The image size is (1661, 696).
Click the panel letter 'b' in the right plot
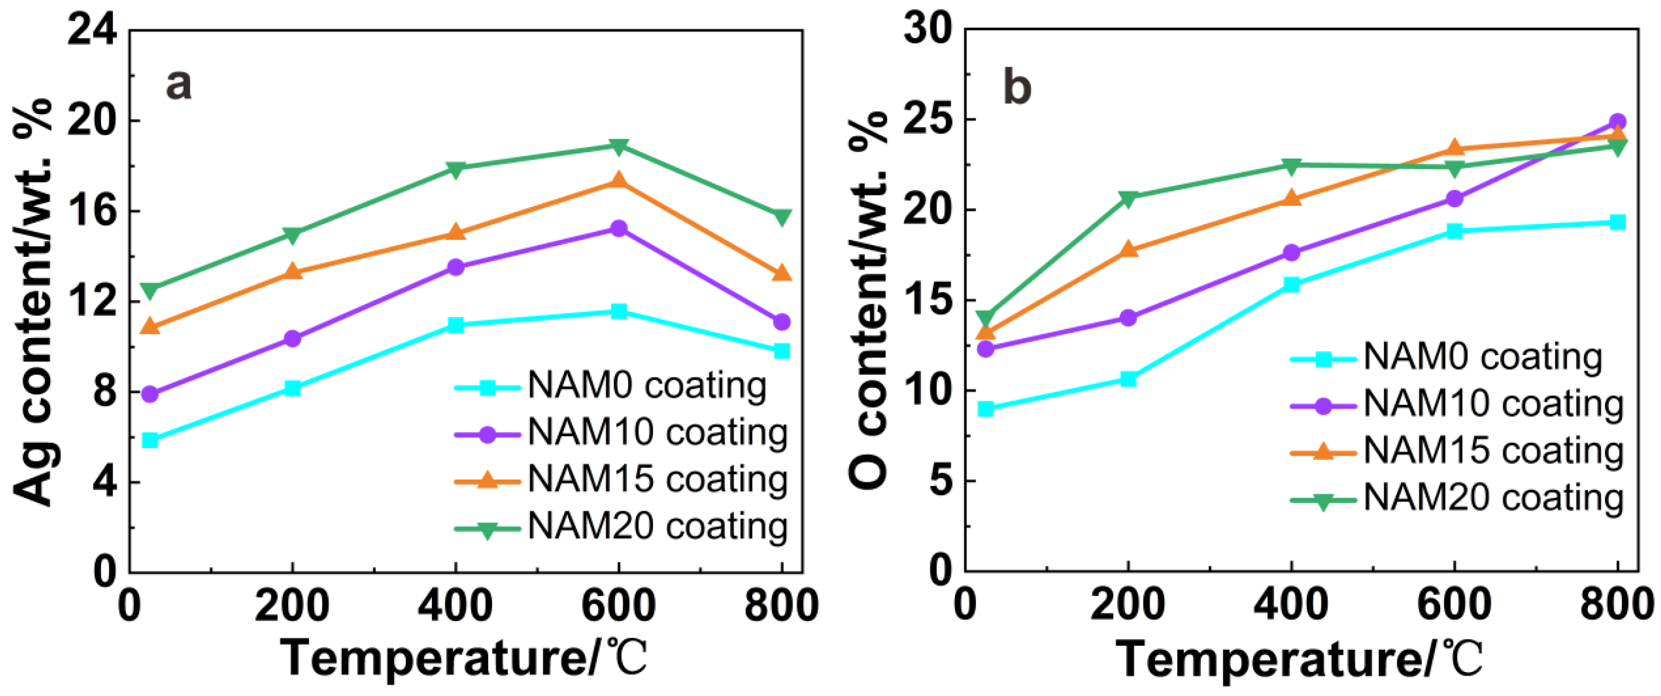click(x=1017, y=88)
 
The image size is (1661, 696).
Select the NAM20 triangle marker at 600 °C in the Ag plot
click(x=618, y=146)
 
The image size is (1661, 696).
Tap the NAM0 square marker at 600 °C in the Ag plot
click(x=618, y=312)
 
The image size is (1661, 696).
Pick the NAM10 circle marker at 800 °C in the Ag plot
click(x=781, y=321)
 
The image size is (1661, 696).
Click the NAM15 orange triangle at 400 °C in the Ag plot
click(x=455, y=232)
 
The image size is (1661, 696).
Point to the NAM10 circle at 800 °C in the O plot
click(x=1617, y=122)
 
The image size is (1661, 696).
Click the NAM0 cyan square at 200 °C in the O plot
click(x=1128, y=379)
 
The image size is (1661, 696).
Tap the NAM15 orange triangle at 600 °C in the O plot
click(x=1454, y=149)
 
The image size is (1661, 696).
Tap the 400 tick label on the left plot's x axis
click(x=455, y=607)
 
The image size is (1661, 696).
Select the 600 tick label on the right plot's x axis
click(x=1454, y=607)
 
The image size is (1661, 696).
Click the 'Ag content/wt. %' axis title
click(x=33, y=301)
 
